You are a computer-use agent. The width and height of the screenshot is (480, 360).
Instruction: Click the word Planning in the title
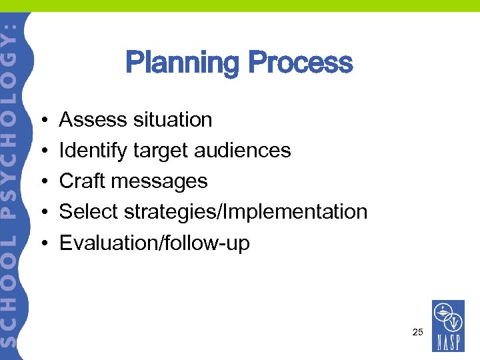point(181,63)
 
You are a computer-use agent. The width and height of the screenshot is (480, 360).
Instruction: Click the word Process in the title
point(299,63)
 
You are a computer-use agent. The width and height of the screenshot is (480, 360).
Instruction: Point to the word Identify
point(93,151)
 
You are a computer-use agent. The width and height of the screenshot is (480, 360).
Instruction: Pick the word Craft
point(82,181)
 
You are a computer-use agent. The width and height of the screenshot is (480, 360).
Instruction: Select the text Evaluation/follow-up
point(155,243)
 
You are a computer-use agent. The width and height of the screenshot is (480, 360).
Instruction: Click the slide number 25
point(418,331)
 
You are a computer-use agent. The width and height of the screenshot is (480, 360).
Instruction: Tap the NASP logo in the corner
point(448,327)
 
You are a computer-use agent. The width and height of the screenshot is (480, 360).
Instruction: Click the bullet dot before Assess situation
point(42,121)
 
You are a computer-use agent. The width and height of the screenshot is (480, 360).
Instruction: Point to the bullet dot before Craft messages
point(42,182)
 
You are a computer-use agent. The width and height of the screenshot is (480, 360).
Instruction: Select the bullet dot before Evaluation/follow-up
point(42,243)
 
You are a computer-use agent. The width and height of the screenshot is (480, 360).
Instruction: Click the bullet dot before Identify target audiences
point(42,151)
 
